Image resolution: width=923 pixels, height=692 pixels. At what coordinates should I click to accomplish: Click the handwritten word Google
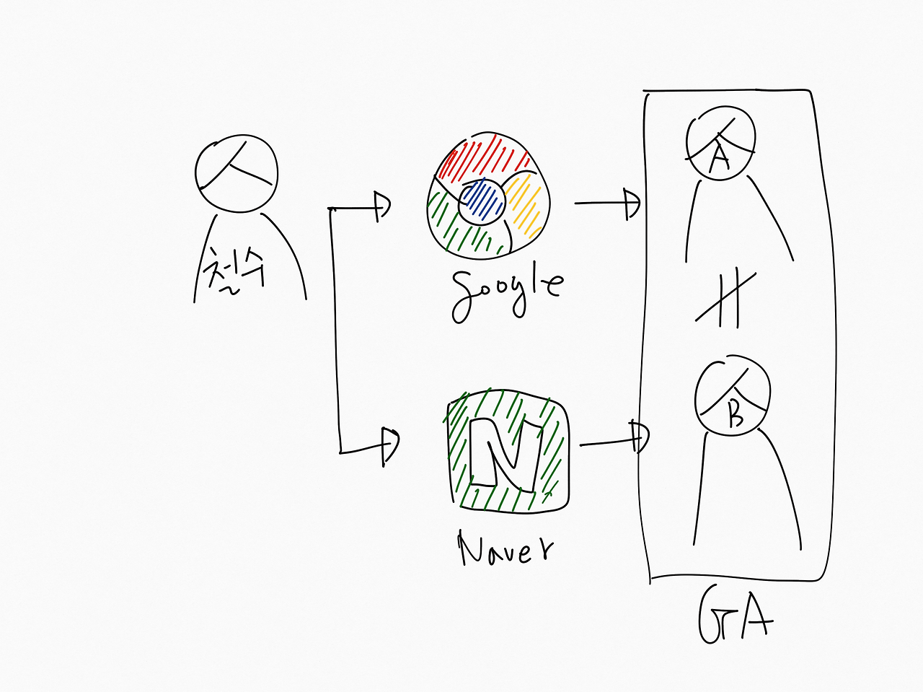[506, 292]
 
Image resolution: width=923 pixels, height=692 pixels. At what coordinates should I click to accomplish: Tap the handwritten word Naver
[505, 550]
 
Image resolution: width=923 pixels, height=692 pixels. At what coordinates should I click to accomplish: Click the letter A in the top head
[719, 157]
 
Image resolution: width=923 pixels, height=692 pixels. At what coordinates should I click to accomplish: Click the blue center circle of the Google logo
[482, 201]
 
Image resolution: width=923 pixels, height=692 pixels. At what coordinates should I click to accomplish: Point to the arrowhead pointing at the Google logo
[381, 207]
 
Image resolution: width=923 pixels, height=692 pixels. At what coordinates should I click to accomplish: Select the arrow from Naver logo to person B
[614, 440]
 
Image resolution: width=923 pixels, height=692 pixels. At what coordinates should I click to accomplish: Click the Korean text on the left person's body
[235, 271]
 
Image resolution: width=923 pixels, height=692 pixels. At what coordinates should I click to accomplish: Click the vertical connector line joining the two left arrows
[334, 325]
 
